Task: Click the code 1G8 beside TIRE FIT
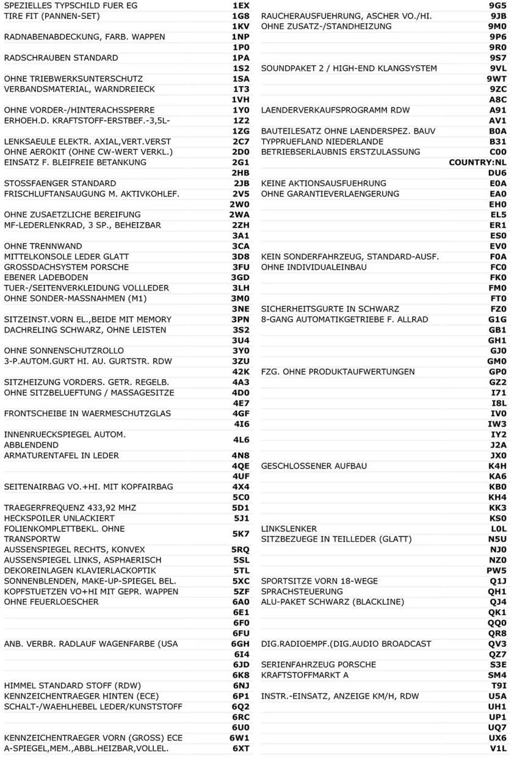click(x=241, y=16)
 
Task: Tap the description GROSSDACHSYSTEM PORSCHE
click(x=67, y=267)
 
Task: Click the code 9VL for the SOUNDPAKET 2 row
click(x=498, y=68)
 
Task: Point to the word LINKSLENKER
click(x=289, y=528)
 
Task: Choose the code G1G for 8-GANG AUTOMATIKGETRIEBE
click(x=498, y=319)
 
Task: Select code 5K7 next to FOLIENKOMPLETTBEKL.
click(x=241, y=533)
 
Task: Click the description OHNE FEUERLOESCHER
click(x=51, y=602)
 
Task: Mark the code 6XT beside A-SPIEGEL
click(x=241, y=748)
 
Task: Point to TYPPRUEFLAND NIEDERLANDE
click(x=322, y=142)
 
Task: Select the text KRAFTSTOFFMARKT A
click(x=305, y=675)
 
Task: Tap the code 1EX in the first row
click(x=241, y=5)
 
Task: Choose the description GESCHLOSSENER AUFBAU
click(x=314, y=466)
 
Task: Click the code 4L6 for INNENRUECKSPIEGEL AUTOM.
click(x=241, y=439)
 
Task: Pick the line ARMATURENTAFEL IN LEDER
click(x=62, y=455)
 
